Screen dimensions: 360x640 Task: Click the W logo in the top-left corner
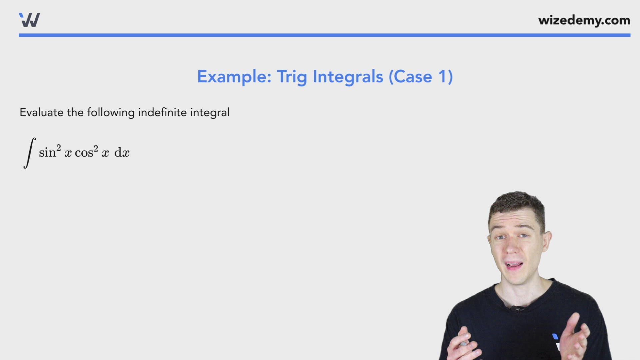[30, 20]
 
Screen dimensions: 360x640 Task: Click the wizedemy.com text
[584, 20]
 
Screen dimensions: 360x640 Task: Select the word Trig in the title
[292, 77]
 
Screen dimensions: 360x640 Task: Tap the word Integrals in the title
[348, 77]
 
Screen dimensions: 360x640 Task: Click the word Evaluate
[41, 112]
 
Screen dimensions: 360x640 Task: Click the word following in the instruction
[111, 113]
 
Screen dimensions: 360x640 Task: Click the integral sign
[29, 153]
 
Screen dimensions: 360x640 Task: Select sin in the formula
[47, 153]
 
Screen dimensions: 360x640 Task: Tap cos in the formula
[84, 153]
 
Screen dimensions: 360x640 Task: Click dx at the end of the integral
[122, 153]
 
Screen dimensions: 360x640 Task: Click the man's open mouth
[514, 266]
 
